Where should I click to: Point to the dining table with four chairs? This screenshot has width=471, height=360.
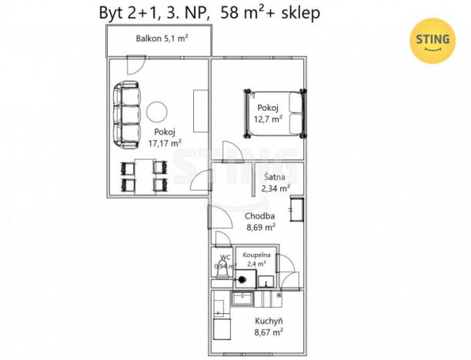(141, 176)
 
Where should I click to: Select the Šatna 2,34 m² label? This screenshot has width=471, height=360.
(276, 182)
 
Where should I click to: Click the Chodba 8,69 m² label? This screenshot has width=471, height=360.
(260, 222)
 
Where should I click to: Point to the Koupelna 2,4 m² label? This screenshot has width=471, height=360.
(255, 258)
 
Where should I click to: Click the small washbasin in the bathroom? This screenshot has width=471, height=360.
(265, 278)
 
